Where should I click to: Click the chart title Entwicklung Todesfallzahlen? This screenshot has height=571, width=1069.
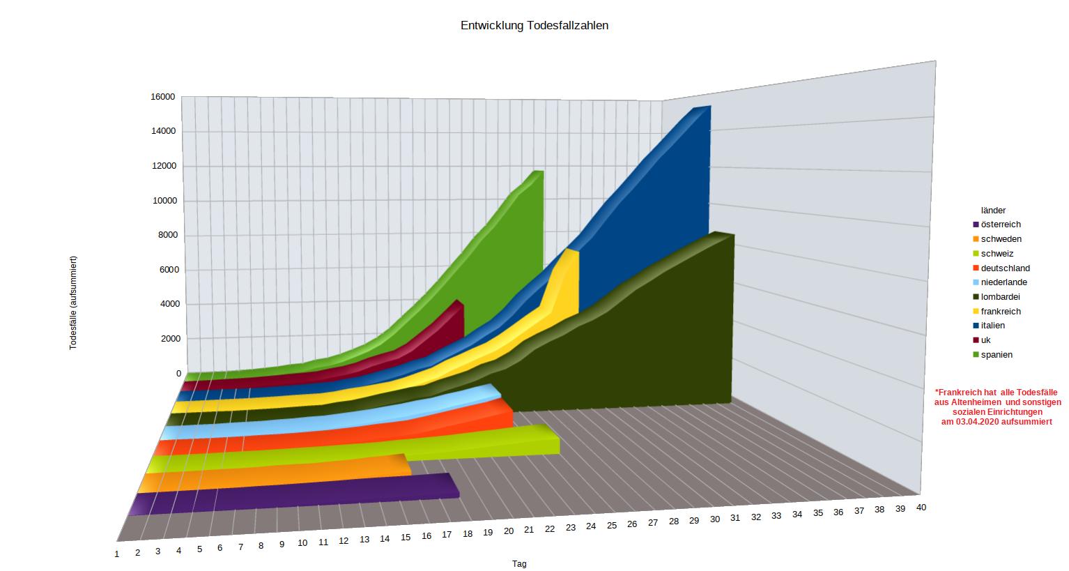pyautogui.click(x=534, y=26)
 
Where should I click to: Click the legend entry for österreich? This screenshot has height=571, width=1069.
pyautogui.click(x=1000, y=224)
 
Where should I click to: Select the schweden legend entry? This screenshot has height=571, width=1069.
pyautogui.click(x=1001, y=239)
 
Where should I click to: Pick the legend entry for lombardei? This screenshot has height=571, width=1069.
pyautogui.click(x=1000, y=297)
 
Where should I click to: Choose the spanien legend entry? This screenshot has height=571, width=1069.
pyautogui.click(x=997, y=355)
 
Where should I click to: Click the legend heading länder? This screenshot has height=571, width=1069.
pyautogui.click(x=993, y=210)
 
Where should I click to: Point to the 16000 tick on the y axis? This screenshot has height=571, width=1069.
pyautogui.click(x=163, y=97)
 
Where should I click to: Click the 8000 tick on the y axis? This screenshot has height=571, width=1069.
pyautogui.click(x=167, y=235)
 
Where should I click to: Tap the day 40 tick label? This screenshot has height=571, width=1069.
pyautogui.click(x=921, y=507)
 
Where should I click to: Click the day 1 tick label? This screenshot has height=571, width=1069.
pyautogui.click(x=117, y=554)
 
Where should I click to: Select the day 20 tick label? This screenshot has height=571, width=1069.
pyautogui.click(x=509, y=531)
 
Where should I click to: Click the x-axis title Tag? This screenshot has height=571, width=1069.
pyautogui.click(x=519, y=564)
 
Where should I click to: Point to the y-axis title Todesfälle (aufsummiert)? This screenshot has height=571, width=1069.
pyautogui.click(x=73, y=303)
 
